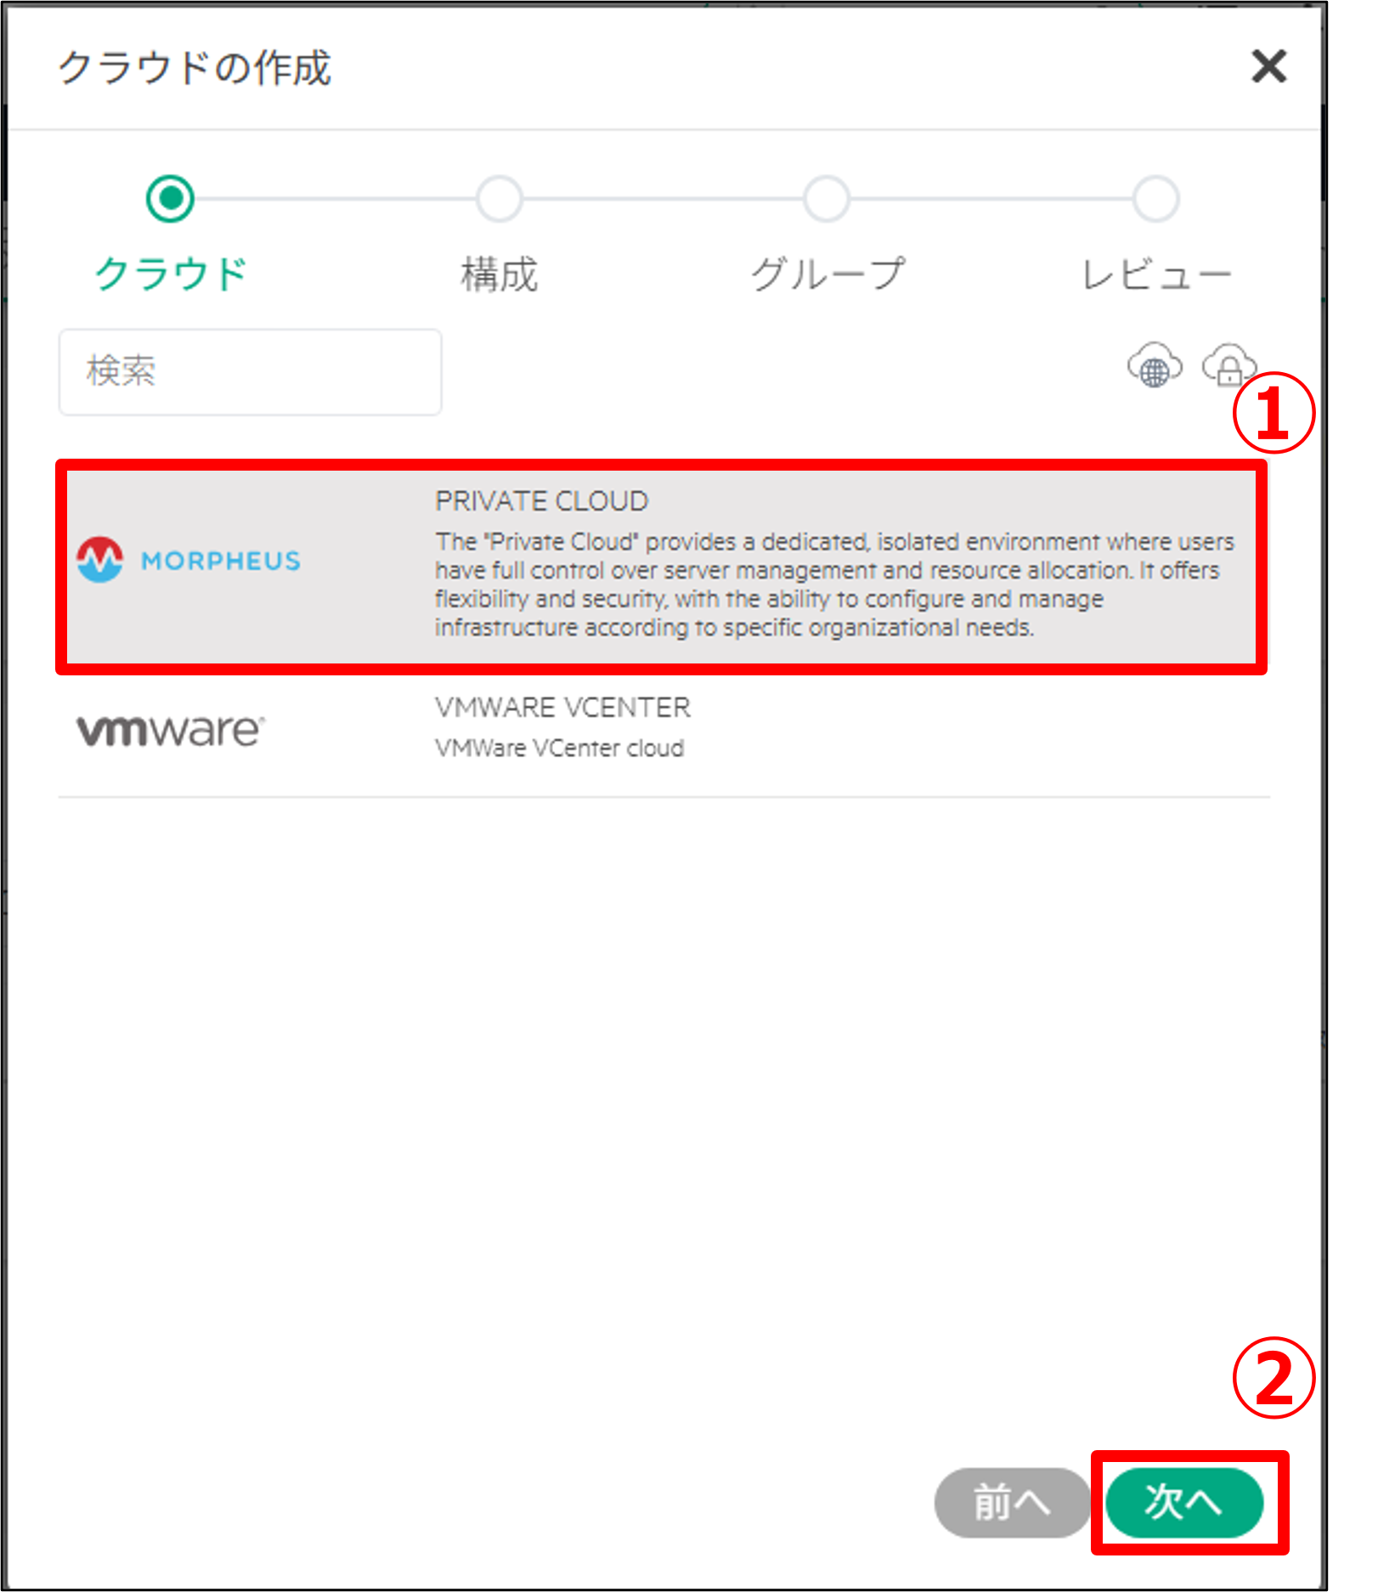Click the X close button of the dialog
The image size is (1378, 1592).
click(x=1268, y=66)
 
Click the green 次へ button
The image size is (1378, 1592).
click(x=1184, y=1502)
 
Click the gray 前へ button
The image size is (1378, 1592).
click(x=1012, y=1502)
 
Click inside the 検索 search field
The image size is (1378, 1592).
click(x=250, y=372)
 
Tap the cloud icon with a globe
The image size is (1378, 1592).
click(x=1154, y=365)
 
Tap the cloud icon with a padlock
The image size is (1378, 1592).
click(x=1228, y=365)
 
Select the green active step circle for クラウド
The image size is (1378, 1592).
click(x=171, y=199)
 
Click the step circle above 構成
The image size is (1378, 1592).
click(x=500, y=199)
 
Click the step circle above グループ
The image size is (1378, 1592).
click(x=827, y=199)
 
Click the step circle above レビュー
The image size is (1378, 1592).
click(x=1156, y=199)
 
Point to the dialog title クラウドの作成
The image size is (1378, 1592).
click(x=195, y=68)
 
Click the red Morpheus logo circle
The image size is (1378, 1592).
click(x=100, y=560)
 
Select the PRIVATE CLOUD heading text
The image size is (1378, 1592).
click(x=542, y=501)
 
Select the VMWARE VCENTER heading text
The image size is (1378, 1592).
click(x=562, y=707)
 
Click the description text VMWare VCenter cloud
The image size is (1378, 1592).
click(x=559, y=748)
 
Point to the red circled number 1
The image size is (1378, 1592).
click(x=1274, y=414)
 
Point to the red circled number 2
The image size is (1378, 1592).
click(x=1274, y=1378)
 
